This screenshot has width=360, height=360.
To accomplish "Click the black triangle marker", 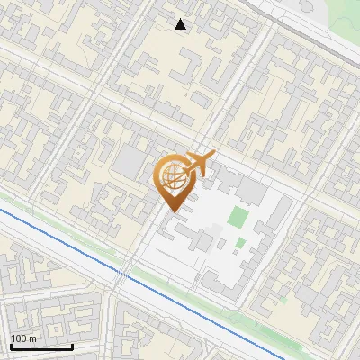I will point(181,24).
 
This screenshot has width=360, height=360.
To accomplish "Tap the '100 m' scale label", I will point(22,338).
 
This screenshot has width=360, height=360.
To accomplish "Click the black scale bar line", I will point(41,346).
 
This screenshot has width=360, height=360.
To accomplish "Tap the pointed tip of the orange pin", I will point(171,212).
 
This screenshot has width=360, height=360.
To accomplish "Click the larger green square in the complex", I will point(237,217).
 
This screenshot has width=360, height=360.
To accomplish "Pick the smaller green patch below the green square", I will point(240,242).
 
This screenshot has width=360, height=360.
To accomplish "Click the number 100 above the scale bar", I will point(18,338).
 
